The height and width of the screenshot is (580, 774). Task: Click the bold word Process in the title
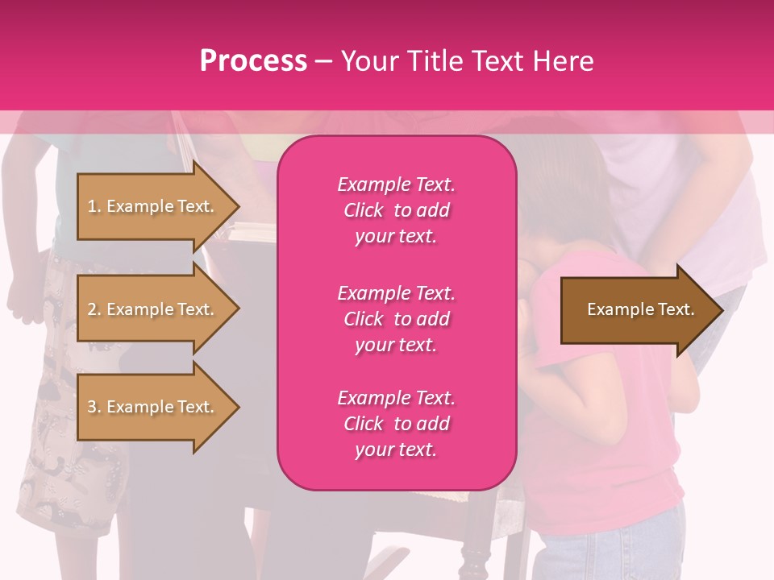coord(253,61)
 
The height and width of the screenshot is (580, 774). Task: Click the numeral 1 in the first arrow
coord(92,206)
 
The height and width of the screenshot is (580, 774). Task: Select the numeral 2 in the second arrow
coord(92,309)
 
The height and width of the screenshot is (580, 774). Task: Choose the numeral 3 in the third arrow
coord(92,407)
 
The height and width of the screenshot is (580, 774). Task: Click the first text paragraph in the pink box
coord(396,210)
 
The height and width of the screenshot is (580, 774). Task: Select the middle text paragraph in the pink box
coord(396,319)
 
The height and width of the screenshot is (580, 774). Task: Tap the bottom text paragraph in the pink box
coord(396,424)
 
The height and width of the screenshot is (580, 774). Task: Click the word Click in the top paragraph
coord(363,210)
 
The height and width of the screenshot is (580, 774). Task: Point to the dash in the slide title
coord(323,61)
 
